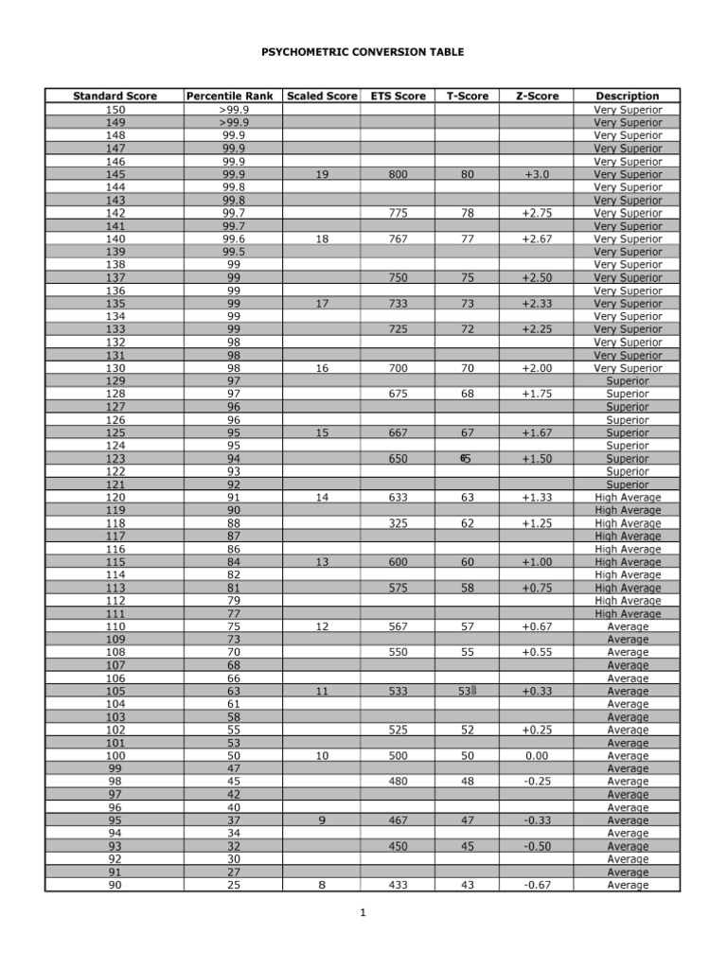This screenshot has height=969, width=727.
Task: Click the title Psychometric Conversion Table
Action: [x=363, y=52]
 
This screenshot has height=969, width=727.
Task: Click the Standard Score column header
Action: [x=115, y=96]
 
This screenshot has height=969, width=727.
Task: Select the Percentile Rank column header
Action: [x=229, y=96]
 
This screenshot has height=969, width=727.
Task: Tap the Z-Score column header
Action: [x=536, y=96]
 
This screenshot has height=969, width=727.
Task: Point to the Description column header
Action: [x=628, y=96]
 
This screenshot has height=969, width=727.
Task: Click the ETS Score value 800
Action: [x=398, y=174]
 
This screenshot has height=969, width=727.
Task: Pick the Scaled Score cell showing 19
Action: [x=322, y=174]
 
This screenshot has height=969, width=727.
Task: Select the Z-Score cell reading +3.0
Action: [x=536, y=174]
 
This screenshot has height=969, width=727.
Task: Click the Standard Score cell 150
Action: [x=115, y=110]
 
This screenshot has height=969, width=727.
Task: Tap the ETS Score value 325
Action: [x=398, y=523]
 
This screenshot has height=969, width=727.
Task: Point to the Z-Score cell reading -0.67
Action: [x=536, y=885]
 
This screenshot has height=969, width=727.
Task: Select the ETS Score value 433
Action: [x=398, y=885]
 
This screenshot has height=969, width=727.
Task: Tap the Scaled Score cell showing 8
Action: [x=322, y=885]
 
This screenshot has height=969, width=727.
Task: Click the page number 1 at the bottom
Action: [x=363, y=913]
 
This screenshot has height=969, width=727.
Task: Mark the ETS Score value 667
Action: [x=398, y=432]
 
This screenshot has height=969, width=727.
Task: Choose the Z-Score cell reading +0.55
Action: [x=536, y=653]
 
